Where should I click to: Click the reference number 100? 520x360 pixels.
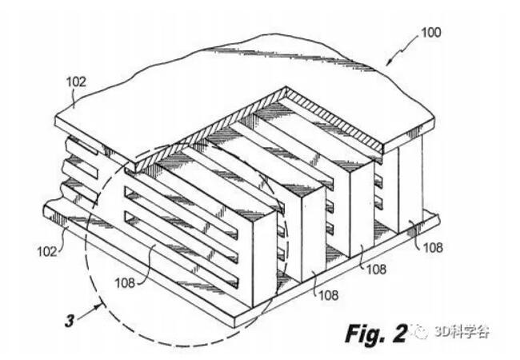tap(430, 33)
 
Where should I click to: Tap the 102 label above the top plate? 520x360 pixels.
tap(76, 82)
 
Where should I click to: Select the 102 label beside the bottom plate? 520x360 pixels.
tap(47, 251)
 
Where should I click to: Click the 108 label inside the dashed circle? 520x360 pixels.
tap(125, 282)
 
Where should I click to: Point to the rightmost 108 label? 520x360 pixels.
tap(433, 247)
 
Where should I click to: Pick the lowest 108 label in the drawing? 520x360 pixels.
tap(328, 294)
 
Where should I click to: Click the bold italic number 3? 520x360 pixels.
tap(70, 321)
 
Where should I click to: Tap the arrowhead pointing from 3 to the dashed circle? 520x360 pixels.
tap(98, 306)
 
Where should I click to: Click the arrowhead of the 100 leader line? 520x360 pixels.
tap(389, 62)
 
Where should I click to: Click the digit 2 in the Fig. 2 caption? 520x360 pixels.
tap(400, 333)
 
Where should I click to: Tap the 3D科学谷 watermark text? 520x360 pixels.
tap(462, 331)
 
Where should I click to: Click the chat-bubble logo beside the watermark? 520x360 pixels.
tap(420, 331)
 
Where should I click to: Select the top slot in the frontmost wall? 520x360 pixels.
tap(181, 212)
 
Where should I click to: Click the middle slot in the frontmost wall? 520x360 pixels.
tap(181, 237)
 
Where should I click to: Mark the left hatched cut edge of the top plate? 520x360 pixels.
tap(211, 130)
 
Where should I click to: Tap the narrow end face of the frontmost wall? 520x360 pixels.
tap(265, 259)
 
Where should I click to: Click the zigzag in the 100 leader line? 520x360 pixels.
tap(403, 50)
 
